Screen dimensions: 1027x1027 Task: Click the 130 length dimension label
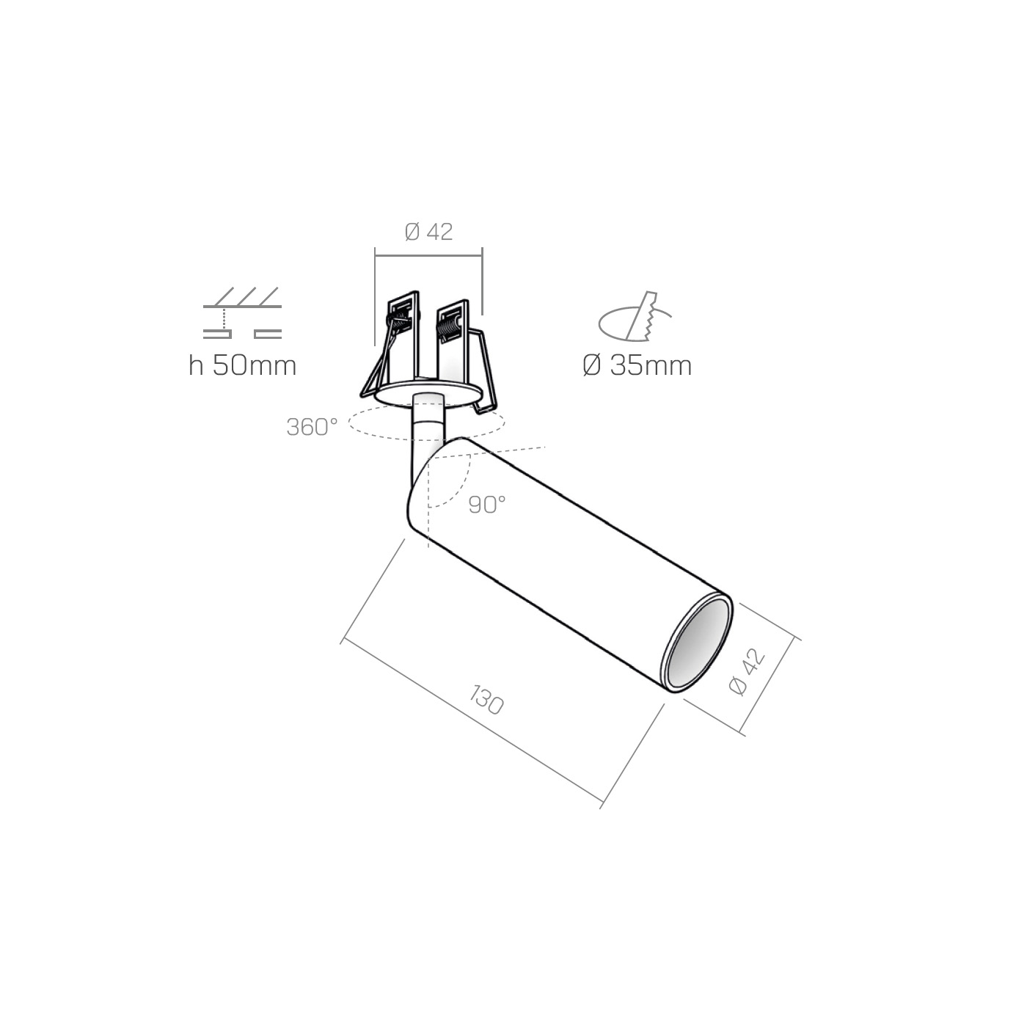486,701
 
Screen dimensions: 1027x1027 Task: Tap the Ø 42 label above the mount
428,232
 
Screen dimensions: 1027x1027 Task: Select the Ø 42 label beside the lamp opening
748,672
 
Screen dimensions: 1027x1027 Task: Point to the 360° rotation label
312,426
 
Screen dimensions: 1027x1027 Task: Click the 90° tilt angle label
487,505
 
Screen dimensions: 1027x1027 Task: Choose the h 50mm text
243,365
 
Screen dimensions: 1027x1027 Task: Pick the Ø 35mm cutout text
637,365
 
